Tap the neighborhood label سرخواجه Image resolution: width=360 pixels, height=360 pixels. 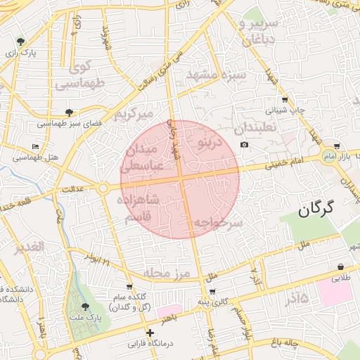(219, 223)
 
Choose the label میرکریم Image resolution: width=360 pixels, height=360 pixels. (134, 113)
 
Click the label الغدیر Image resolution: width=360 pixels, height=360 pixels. (29, 247)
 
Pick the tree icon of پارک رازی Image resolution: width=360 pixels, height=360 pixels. (20, 41)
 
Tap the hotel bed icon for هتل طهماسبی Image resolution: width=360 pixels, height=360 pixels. (36, 147)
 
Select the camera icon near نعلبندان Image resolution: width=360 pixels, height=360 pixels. (244, 145)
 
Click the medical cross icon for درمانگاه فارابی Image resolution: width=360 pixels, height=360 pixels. (149, 333)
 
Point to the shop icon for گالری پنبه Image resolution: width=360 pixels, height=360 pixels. (212, 291)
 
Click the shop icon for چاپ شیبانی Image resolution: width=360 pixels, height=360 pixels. (284, 99)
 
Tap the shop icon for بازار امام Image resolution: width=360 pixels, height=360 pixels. (337, 146)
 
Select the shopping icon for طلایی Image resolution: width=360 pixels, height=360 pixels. (341, 267)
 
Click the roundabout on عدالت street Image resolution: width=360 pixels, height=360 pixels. (103, 188)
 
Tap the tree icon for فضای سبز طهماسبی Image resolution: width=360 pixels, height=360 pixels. (68, 112)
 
